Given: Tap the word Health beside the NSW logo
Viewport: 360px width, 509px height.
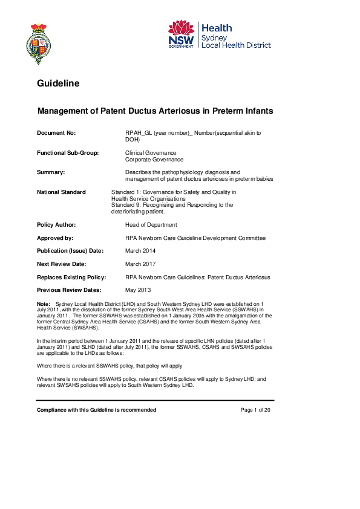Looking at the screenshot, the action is [216, 28].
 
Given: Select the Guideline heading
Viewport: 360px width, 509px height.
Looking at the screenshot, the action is [58, 83].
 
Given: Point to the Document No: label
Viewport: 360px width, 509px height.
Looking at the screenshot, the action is [56, 132].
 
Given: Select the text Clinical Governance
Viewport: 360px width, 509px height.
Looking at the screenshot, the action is [151, 153].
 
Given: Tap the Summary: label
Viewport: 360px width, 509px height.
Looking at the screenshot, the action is [51, 172].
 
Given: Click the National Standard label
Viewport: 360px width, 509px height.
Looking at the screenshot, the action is [61, 192].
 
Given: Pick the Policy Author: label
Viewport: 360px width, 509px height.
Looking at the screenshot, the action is [57, 225].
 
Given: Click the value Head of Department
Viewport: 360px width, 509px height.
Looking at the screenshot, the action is [151, 225].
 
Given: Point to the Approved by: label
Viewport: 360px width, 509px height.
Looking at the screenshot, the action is [55, 238].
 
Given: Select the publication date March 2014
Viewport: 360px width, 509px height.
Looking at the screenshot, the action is [140, 251].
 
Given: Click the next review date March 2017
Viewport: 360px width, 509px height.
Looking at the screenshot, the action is [140, 264].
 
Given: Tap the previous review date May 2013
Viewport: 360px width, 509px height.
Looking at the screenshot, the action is [139, 290].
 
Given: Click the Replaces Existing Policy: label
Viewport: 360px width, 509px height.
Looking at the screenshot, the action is [71, 277].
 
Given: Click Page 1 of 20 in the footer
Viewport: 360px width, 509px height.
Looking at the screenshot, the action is [255, 410].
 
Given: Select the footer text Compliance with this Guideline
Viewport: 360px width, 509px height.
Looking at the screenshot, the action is [83, 410].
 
